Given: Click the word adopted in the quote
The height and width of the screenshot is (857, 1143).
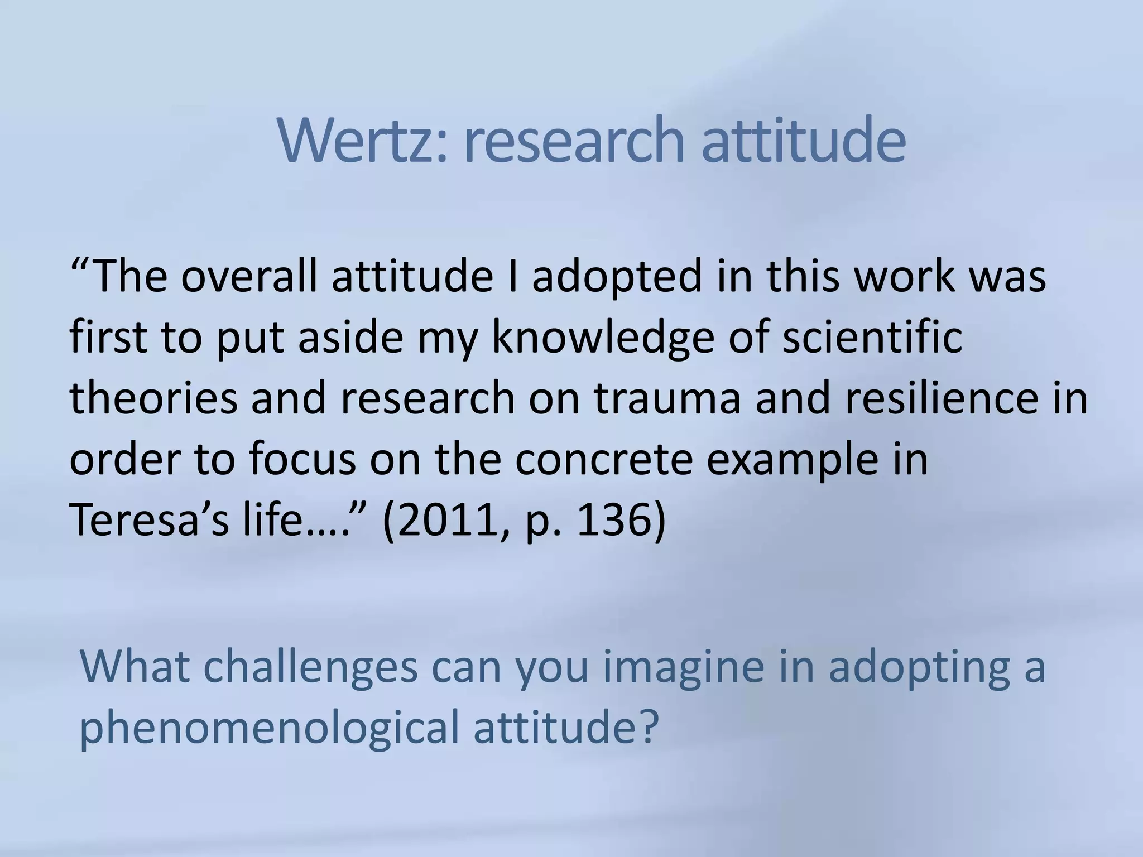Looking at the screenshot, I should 616,277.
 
